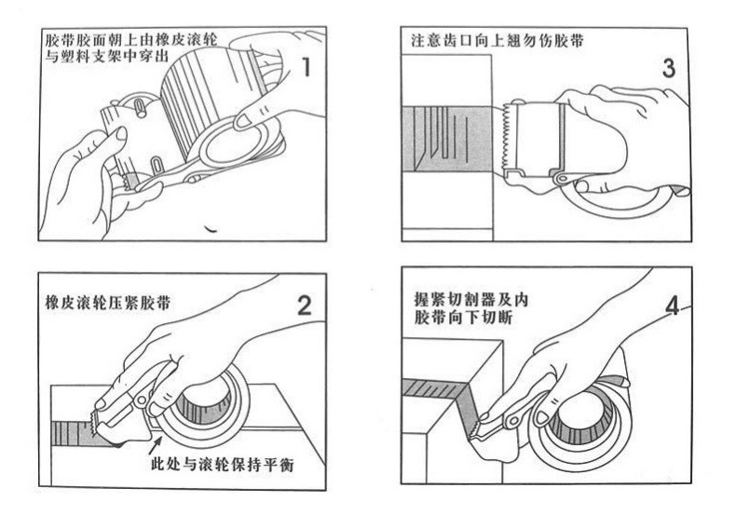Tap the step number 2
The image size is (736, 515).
(x=302, y=306)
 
